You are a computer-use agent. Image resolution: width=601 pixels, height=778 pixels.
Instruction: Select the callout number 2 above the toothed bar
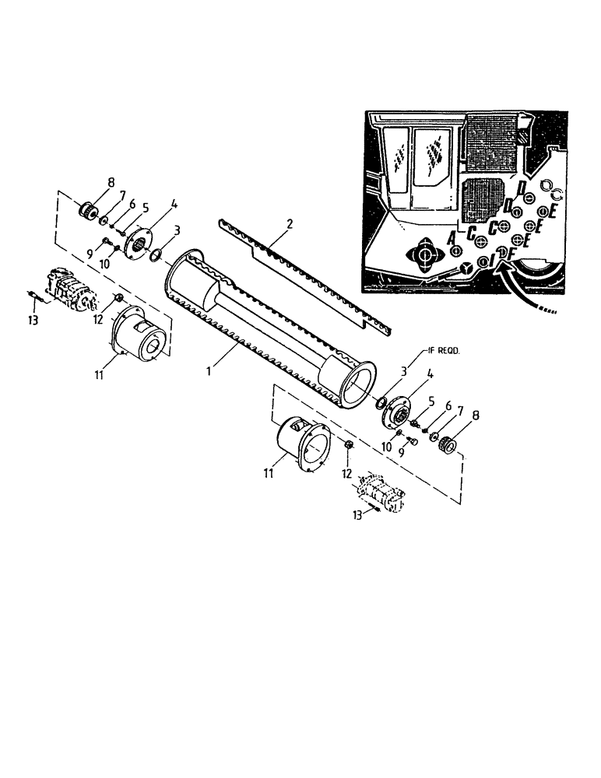[290, 223]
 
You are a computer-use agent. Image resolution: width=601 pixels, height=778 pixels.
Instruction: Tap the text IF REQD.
[446, 352]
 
